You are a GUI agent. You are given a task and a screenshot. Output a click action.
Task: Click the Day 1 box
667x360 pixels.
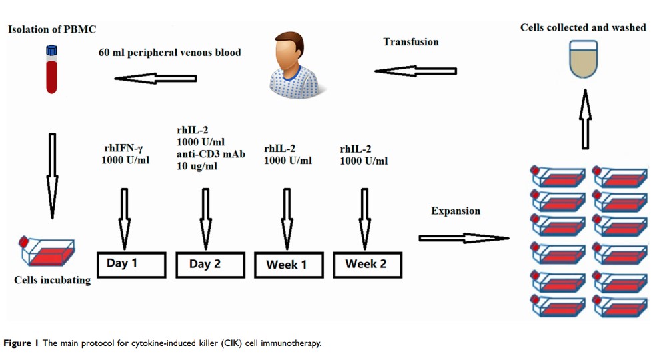tap(131, 264)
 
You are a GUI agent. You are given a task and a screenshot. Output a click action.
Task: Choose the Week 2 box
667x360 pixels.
tap(367, 264)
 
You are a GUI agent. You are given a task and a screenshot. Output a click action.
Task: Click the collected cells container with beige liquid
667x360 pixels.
tap(584, 60)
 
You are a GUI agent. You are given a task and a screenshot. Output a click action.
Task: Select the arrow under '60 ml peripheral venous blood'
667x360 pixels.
tap(155, 79)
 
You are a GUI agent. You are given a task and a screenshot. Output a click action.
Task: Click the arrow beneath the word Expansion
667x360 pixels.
tap(464, 238)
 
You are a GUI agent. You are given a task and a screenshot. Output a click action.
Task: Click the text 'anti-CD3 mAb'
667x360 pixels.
tap(211, 154)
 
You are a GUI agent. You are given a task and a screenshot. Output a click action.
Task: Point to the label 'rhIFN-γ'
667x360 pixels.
tap(125, 148)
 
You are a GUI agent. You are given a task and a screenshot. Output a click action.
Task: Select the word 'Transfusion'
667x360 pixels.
tap(411, 42)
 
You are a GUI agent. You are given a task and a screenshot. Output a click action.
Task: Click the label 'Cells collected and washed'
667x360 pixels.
tap(584, 27)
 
